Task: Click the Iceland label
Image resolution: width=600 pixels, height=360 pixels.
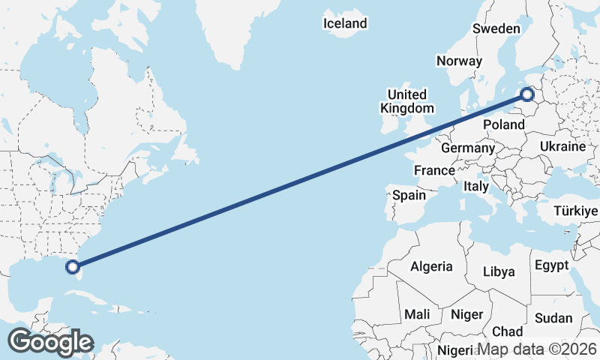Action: [345, 23]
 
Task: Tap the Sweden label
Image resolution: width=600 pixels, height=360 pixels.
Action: [496, 28]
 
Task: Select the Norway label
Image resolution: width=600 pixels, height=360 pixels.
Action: [458, 61]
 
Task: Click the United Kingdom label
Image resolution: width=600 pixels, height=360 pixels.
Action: [406, 101]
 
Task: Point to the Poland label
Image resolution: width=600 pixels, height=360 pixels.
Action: [504, 124]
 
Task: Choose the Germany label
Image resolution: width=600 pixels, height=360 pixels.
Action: [467, 148]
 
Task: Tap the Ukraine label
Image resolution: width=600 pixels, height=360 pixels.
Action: [562, 146]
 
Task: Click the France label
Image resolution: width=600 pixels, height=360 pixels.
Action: [435, 170]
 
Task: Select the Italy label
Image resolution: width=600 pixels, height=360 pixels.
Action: [476, 186]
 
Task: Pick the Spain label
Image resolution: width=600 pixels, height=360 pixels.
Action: [409, 196]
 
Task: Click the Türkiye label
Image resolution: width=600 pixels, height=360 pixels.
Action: [575, 211]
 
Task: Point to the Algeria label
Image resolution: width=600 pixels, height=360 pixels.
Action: [431, 266]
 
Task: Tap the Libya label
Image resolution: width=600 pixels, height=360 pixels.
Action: [499, 271]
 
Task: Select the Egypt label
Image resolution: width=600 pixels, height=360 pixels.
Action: [552, 265]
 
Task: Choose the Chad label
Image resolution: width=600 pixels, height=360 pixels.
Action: [508, 331]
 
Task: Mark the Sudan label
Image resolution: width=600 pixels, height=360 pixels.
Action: [553, 318]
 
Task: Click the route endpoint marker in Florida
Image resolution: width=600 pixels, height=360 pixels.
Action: [73, 265]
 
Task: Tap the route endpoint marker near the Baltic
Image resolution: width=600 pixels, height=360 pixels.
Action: [527, 94]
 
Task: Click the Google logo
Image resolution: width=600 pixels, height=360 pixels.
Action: [50, 342]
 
